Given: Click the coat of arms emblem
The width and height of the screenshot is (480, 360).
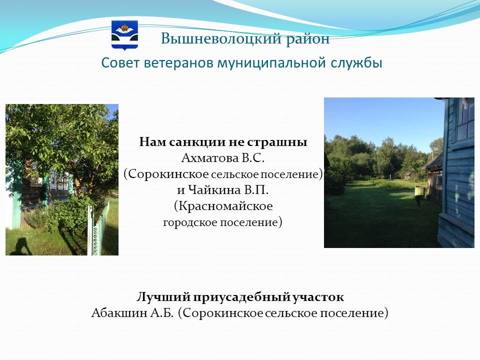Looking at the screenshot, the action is click(124, 35).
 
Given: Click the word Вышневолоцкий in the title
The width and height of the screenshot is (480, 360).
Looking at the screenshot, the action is click(221, 39).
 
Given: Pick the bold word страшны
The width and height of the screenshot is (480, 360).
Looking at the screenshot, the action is click(277, 142).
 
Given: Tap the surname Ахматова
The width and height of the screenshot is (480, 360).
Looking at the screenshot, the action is click(210, 158).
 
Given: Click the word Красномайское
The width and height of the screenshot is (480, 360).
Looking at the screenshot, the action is click(223, 205).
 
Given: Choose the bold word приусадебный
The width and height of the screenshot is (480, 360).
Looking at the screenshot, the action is click(241, 297).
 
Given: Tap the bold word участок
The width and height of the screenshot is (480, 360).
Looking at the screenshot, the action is click(318, 297).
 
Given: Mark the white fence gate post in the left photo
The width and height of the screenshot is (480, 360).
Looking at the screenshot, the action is click(90, 230).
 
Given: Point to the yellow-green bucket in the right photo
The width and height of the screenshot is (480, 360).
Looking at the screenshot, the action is click(419, 191).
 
